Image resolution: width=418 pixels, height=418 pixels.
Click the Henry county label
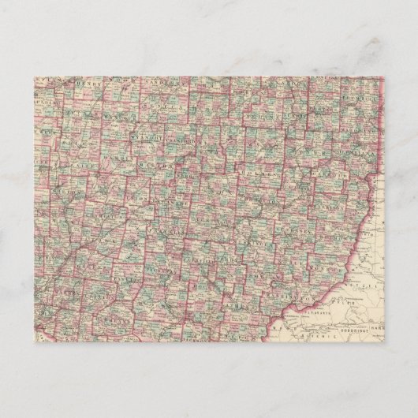click(x=83, y=81)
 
